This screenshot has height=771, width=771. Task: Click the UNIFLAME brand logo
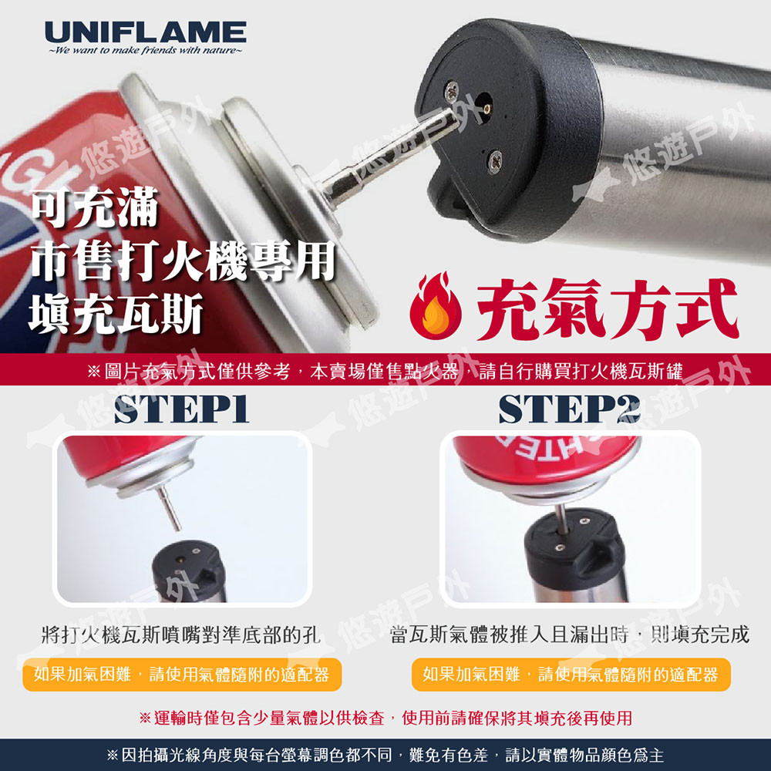[x=146, y=32]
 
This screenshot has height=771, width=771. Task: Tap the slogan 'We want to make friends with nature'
[x=146, y=51]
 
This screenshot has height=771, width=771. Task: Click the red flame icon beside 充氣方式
[x=435, y=305]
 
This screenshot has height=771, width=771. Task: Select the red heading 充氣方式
[x=608, y=308]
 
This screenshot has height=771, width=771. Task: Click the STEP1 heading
[x=181, y=409]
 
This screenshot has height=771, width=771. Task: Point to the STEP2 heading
[x=570, y=409]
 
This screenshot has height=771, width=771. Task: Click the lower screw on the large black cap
[x=494, y=161]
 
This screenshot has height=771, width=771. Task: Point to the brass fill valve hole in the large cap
[x=485, y=108]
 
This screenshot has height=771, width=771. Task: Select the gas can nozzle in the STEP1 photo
[x=169, y=509]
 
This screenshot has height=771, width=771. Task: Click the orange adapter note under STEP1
[x=182, y=675]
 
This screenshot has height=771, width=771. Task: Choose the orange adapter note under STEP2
[x=571, y=675]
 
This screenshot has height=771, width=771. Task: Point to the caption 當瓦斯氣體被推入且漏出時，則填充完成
[x=570, y=635]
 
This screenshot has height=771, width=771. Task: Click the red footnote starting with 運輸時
[x=385, y=718]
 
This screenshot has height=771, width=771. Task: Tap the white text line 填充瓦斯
[x=116, y=313]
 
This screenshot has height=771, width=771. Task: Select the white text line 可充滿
[x=94, y=207]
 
